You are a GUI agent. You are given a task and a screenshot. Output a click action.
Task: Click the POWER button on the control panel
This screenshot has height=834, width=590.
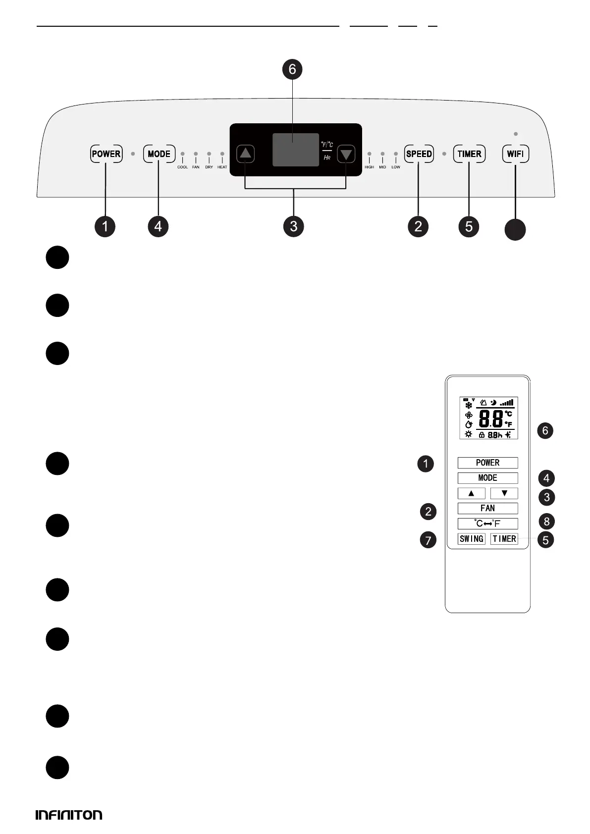(x=106, y=154)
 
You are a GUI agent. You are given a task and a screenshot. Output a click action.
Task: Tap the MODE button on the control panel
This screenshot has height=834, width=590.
(x=159, y=154)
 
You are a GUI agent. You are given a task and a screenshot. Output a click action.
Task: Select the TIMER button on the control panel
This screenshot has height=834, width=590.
(x=469, y=154)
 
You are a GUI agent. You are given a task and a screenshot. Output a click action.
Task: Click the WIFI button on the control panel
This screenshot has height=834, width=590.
(x=515, y=154)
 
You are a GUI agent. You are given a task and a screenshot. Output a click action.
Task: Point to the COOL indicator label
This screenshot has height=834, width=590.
(x=182, y=167)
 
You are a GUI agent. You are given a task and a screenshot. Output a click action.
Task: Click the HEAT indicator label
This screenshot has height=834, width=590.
(x=222, y=167)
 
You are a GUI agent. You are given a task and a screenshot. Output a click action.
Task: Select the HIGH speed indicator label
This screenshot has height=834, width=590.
(x=369, y=167)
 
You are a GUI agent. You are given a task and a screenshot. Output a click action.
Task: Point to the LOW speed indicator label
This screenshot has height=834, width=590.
(x=396, y=167)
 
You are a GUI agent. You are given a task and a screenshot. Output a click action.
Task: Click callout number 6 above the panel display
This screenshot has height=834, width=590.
(x=292, y=69)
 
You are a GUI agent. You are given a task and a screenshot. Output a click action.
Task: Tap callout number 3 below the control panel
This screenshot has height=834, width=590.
(x=294, y=226)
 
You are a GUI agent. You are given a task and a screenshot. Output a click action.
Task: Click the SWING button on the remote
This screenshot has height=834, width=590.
(x=472, y=539)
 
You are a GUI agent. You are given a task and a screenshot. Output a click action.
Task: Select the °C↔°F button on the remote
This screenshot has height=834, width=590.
(x=487, y=523)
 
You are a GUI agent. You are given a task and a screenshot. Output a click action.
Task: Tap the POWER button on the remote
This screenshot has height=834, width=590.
(x=487, y=463)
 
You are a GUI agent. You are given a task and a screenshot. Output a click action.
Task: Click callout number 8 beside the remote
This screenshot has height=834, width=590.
(x=546, y=521)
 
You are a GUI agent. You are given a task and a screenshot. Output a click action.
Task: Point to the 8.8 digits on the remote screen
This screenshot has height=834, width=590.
(x=490, y=419)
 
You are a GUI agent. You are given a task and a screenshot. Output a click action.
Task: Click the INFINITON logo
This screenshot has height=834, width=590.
(x=69, y=815)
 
